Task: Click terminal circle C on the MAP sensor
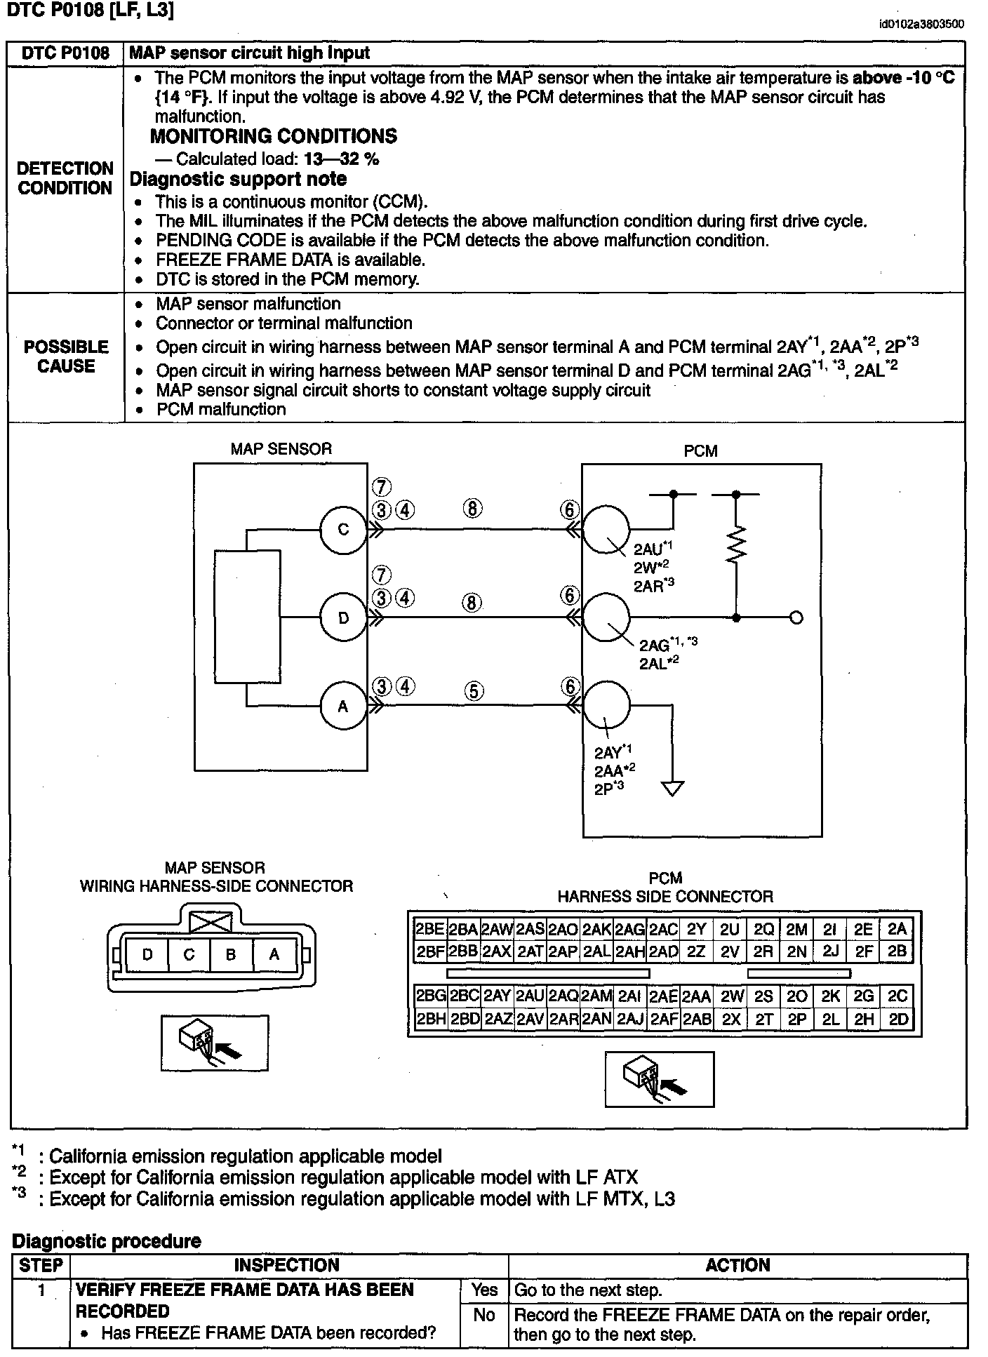point(343,530)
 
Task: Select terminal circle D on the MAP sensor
point(343,618)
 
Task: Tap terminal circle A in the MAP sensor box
point(343,707)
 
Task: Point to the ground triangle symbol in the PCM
point(673,789)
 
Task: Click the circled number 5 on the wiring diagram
point(474,691)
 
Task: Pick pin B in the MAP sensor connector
point(231,954)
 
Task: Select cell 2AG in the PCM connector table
point(629,929)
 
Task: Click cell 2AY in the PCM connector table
point(497,996)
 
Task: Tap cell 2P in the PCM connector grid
point(796,1019)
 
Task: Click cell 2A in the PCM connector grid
point(897,929)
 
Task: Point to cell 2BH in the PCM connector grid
point(430,1019)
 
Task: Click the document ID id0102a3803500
point(921,25)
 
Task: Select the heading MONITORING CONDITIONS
point(274,136)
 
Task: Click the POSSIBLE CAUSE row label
point(66,356)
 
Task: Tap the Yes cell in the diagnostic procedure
point(484,1290)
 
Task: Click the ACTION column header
point(737,1265)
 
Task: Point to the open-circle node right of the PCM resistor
point(796,618)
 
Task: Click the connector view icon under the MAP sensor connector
point(214,1042)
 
